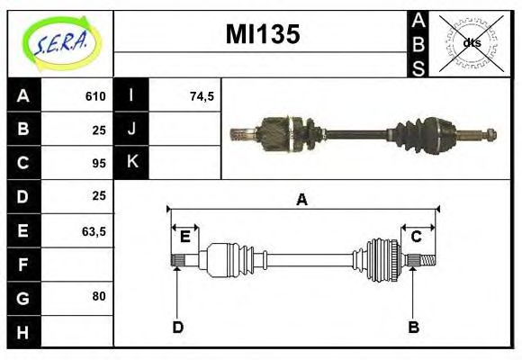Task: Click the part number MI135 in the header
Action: click(263, 34)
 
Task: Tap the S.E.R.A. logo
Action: click(61, 43)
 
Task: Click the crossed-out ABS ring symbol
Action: click(472, 43)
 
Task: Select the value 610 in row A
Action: click(95, 96)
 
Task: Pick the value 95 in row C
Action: click(99, 163)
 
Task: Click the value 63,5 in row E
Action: click(94, 231)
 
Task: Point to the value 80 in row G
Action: click(99, 296)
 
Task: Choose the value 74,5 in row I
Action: click(202, 96)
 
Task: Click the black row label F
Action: click(23, 265)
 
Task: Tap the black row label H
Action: click(23, 332)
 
